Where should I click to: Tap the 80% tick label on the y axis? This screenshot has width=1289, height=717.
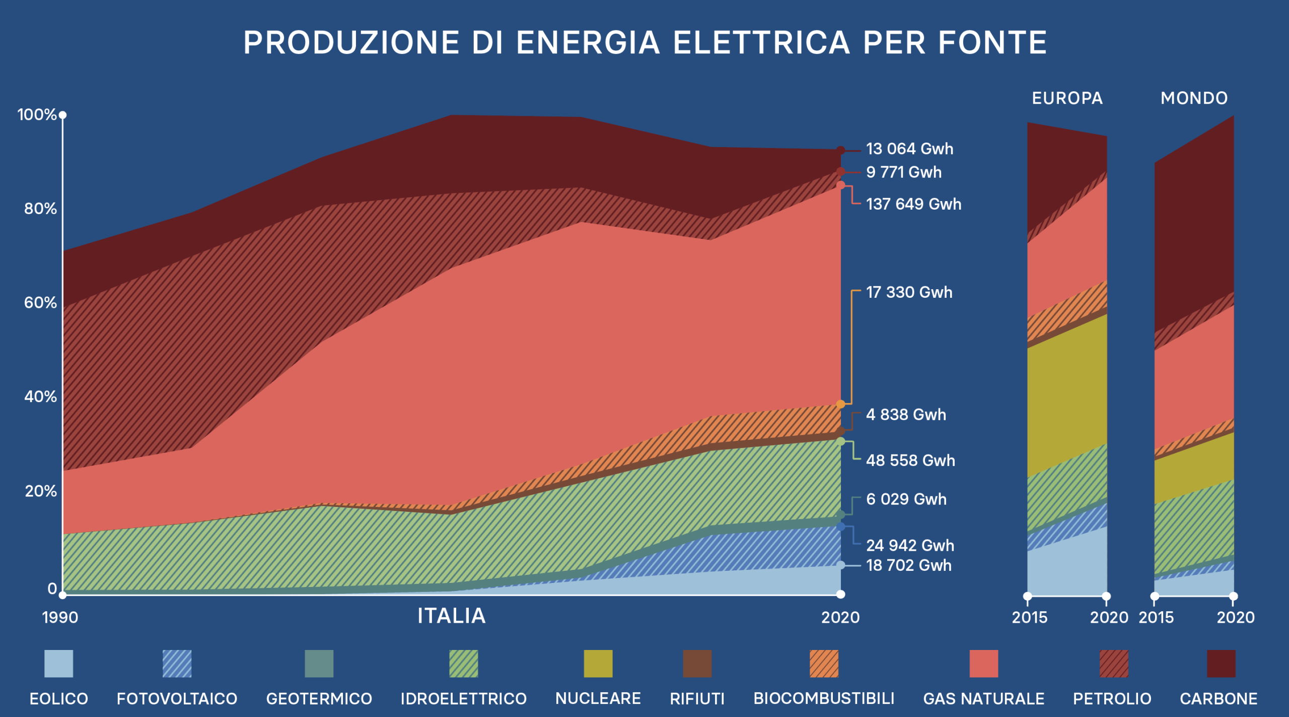[x=40, y=209]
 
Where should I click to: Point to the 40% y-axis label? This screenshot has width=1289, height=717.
[x=40, y=397]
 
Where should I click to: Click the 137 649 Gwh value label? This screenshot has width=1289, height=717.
[x=913, y=204]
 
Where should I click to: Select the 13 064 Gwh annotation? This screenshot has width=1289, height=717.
[x=909, y=149]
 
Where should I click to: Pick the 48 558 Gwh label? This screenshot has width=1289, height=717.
[x=910, y=461]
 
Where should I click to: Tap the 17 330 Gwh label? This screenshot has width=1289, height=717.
[x=909, y=292]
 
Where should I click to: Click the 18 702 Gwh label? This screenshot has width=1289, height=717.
[x=908, y=565]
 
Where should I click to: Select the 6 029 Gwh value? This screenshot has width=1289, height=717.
[x=906, y=499]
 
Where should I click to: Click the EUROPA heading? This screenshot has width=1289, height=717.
[x=1067, y=98]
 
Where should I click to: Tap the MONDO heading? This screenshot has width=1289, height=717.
[x=1194, y=98]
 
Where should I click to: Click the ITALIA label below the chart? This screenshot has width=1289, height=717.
[x=451, y=616]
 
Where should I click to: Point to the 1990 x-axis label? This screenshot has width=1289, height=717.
[x=60, y=618]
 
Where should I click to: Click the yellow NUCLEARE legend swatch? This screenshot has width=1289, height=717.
[x=598, y=664]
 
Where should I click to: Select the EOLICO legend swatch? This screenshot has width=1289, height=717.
[x=58, y=664]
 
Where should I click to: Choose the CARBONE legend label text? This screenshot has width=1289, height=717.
[x=1219, y=699]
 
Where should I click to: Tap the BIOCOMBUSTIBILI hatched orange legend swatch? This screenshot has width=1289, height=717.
[x=824, y=664]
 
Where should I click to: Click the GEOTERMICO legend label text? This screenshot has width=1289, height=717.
[x=319, y=699]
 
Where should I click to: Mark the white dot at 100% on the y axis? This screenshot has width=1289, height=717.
[x=62, y=115]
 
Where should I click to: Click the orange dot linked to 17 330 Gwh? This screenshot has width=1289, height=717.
[x=840, y=404]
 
